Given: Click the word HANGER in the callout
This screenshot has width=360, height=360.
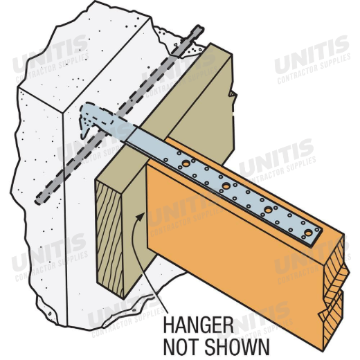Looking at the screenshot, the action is pyautogui.click(x=198, y=325).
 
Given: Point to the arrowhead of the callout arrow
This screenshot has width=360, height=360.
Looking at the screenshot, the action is pyautogui.click(x=140, y=216).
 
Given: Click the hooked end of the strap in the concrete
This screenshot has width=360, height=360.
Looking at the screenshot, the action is pyautogui.click(x=86, y=120).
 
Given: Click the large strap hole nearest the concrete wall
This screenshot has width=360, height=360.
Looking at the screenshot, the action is pyautogui.click(x=186, y=163).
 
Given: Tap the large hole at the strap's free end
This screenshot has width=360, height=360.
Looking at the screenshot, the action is pyautogui.click(x=308, y=233).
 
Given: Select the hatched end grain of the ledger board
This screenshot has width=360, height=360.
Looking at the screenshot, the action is pyautogui.click(x=109, y=237).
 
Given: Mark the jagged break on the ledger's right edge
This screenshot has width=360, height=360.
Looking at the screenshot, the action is pyautogui.click(x=233, y=94).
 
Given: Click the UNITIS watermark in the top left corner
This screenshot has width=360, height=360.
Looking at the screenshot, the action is pyautogui.click(x=51, y=59).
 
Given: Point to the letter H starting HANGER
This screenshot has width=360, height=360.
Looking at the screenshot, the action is pyautogui.click(x=169, y=325).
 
